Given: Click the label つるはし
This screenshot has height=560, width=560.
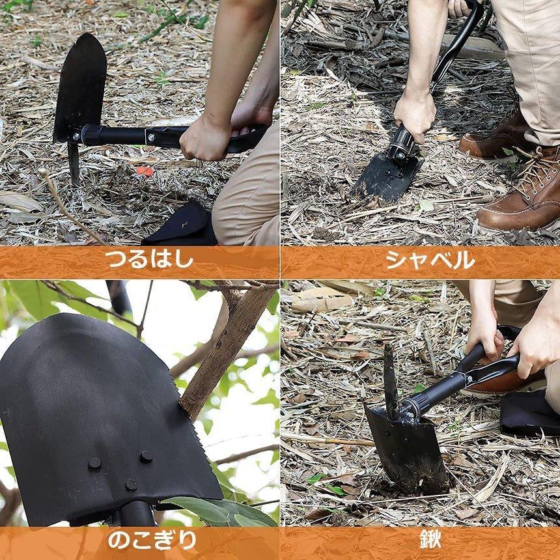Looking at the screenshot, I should pyautogui.click(x=150, y=259).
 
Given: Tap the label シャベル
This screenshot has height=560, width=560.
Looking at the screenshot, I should pyautogui.click(x=430, y=259).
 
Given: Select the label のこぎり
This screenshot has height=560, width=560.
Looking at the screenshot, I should pyautogui.click(x=151, y=540).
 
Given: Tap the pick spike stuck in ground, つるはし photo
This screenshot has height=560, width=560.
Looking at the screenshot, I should pyautogui.click(x=74, y=163).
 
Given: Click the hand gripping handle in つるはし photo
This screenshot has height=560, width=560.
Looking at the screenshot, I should pyautogui.click(x=205, y=137).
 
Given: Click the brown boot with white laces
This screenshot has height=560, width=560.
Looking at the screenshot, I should pyautogui.click(x=521, y=195).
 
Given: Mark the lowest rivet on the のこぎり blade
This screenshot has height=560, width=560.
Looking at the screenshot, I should pyautogui.click(x=131, y=484).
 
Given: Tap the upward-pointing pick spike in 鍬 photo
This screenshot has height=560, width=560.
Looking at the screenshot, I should pyautogui.click(x=389, y=378).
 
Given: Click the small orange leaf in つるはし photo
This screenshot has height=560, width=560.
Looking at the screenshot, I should pyautogui.click(x=145, y=171).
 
